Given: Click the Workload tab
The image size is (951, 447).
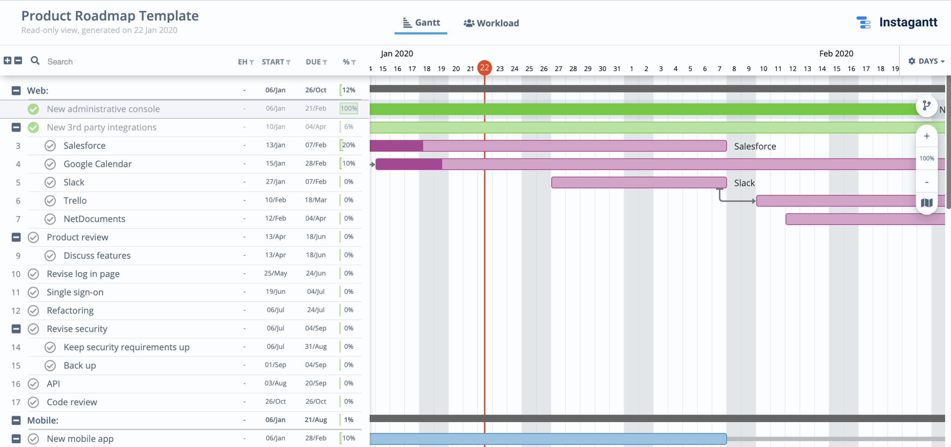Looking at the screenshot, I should (x=491, y=23).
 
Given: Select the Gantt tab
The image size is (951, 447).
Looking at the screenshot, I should (x=421, y=23).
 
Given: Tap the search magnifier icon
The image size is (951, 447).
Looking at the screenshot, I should (x=35, y=61).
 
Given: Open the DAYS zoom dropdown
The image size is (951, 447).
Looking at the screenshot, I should (x=926, y=61).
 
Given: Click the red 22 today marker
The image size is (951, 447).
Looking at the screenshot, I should (x=484, y=68).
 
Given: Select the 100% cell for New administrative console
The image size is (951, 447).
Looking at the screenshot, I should (x=348, y=109).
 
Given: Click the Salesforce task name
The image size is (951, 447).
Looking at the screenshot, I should (x=84, y=145).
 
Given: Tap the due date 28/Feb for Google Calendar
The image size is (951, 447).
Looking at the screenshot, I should (x=316, y=163).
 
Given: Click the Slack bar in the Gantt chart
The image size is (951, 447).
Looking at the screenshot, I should (x=639, y=183).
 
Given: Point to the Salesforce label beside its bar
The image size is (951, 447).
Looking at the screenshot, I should (x=755, y=146).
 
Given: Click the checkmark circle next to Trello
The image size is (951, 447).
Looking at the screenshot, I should (x=50, y=201).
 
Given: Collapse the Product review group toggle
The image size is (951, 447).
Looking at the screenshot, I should (x=16, y=237).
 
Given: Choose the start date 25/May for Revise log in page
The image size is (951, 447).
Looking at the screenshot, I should (x=275, y=273).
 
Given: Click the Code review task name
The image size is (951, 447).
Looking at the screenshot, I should (x=72, y=402).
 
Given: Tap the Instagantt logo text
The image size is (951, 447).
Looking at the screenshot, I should (x=908, y=22).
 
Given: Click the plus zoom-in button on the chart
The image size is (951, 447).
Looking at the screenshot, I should (x=926, y=136).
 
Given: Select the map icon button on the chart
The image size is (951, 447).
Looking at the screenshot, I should (x=926, y=203).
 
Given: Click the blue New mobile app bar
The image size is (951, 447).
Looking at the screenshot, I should (x=548, y=439).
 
